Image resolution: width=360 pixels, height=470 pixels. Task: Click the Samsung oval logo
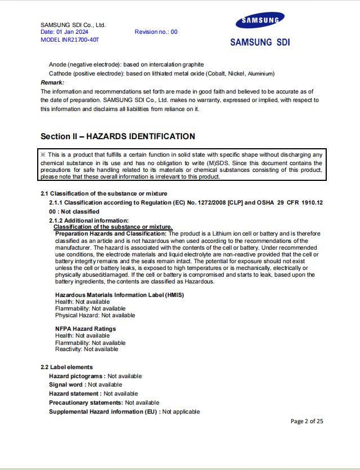pyautogui.click(x=260, y=21)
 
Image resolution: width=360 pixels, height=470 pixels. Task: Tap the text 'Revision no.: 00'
pyautogui.click(x=155, y=32)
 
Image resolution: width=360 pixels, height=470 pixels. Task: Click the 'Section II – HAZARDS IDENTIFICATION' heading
pyautogui.click(x=118, y=136)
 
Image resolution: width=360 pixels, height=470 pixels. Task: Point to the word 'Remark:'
pyautogui.click(x=52, y=82)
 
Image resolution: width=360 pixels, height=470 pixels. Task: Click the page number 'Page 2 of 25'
pyautogui.click(x=306, y=421)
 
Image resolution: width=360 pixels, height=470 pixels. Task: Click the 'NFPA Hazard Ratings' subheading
pyautogui.click(x=86, y=329)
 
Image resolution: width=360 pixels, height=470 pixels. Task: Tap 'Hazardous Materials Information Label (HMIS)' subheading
pyautogui.click(x=119, y=295)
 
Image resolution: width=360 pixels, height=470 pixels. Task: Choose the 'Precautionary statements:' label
pyautogui.click(x=86, y=402)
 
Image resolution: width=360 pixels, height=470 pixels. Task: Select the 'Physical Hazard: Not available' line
pyautogui.click(x=95, y=316)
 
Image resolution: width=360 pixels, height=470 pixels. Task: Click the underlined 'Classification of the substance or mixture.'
pyautogui.click(x=113, y=227)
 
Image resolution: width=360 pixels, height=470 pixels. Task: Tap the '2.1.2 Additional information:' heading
pyautogui.click(x=89, y=220)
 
